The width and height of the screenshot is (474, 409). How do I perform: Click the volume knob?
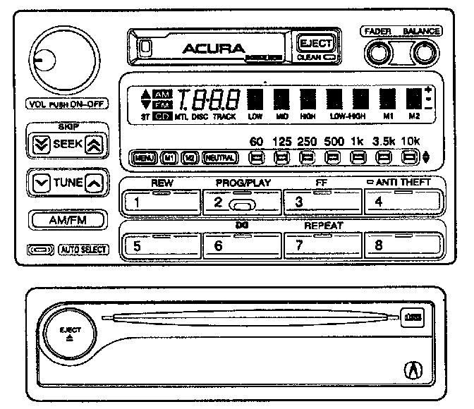(59, 62)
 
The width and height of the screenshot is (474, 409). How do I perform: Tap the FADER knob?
(379, 54)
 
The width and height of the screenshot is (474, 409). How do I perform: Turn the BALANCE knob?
(423, 54)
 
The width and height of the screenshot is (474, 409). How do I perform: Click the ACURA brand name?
(213, 49)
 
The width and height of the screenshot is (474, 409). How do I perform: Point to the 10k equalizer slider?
(409, 157)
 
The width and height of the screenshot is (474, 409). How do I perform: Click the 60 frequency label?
(257, 141)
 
